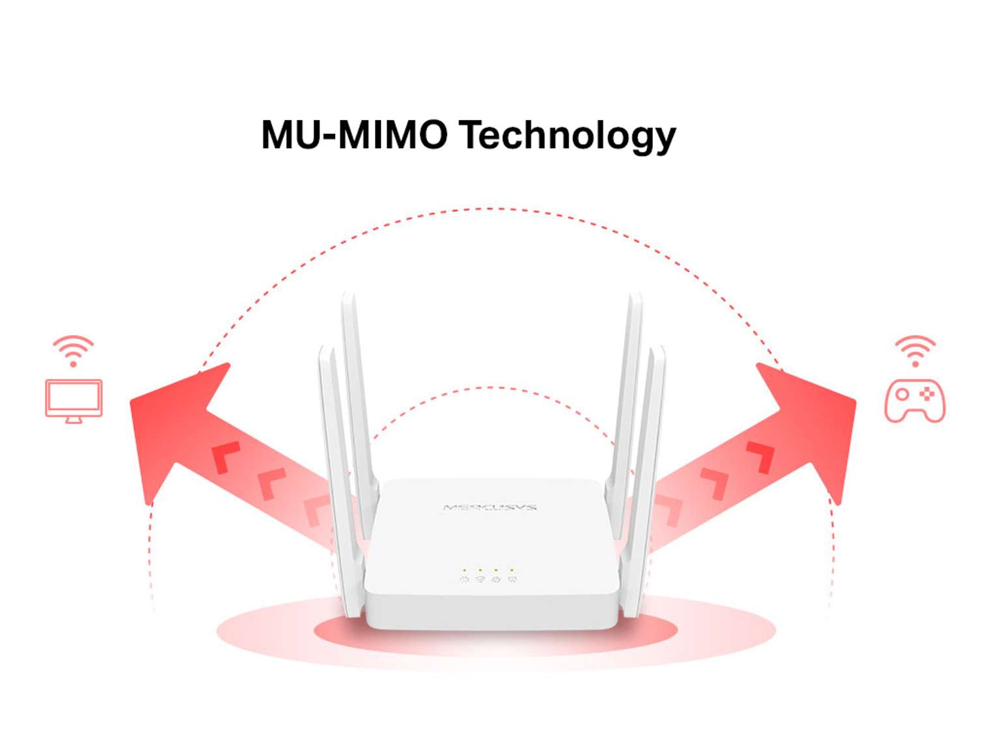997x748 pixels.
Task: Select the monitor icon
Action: [x=74, y=398]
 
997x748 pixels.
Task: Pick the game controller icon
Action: [x=914, y=400]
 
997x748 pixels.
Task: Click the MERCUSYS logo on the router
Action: [x=490, y=507]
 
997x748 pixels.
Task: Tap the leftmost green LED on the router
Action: [x=464, y=570]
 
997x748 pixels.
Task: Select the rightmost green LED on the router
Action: [x=512, y=570]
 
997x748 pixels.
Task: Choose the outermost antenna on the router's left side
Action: [x=336, y=470]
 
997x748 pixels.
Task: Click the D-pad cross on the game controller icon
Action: [x=926, y=394]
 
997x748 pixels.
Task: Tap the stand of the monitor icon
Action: [x=74, y=419]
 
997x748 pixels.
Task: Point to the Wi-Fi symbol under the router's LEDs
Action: [x=480, y=579]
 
